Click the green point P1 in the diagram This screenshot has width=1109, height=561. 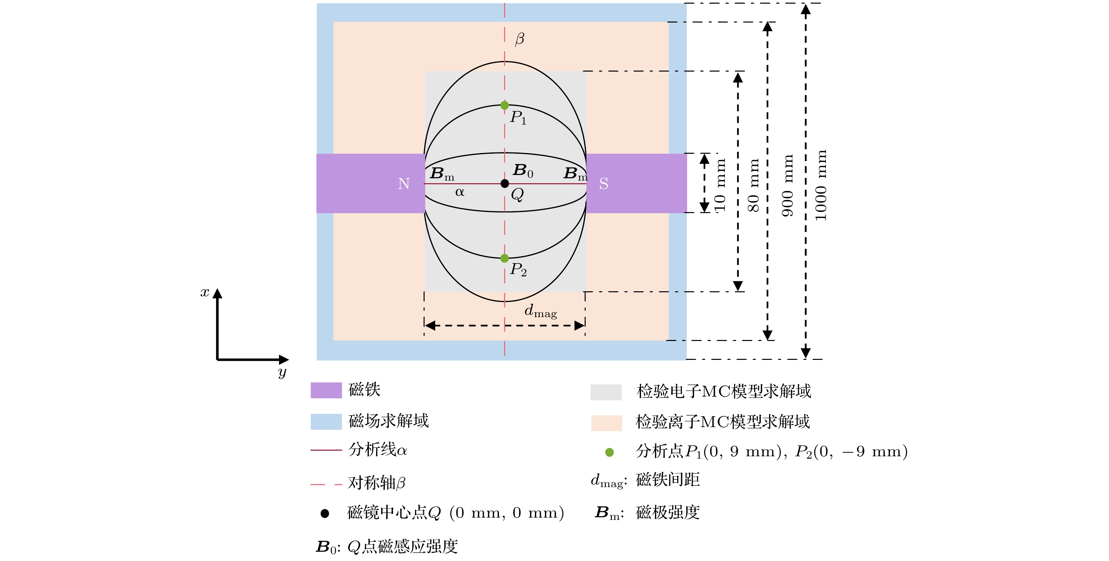coord(504,105)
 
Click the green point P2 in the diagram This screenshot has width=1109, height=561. coord(504,258)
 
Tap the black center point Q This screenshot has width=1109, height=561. coord(504,184)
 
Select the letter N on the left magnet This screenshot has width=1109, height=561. coord(404,184)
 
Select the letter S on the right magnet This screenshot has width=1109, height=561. coord(604,184)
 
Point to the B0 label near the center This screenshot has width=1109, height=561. coord(523,171)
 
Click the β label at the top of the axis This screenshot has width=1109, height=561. coord(520,39)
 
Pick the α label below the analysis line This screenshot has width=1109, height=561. coord(460,192)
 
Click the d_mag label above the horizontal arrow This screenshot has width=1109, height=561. coord(540,311)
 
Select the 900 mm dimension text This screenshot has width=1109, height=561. coord(788,186)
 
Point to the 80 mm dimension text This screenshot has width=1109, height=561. coord(753,186)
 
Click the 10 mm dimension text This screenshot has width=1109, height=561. coord(720,186)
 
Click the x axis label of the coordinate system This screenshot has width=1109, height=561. coord(205,292)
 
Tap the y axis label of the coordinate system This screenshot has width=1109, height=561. coord(282,372)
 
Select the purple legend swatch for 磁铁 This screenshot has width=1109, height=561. coord(326,390)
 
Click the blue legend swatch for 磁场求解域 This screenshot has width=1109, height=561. coord(326,422)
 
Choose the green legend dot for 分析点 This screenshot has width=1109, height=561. coord(609,452)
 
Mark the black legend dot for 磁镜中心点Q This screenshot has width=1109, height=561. coord(325,513)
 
